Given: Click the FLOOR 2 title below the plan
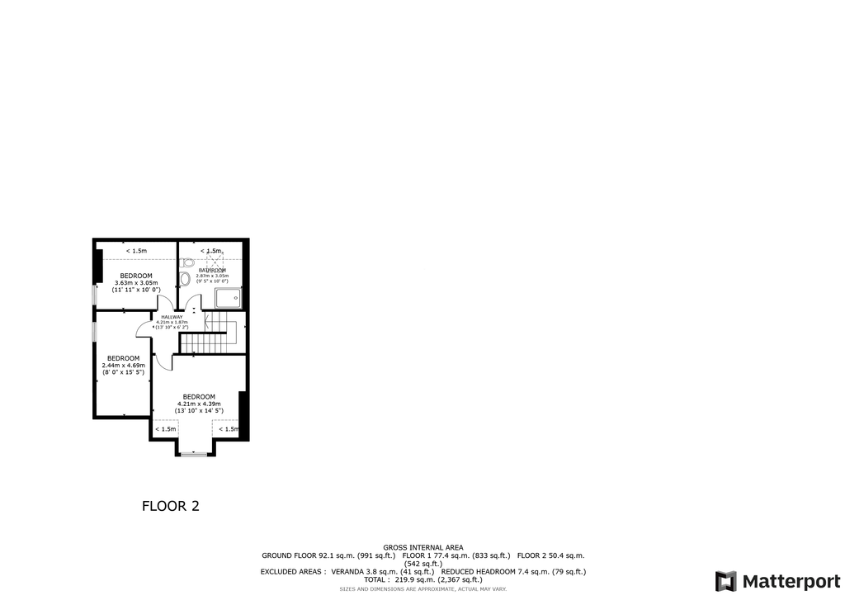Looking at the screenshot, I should (x=171, y=506).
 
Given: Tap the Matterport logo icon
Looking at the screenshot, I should (x=726, y=581).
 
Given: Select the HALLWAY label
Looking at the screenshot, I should (x=172, y=318).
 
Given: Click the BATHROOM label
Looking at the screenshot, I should (x=212, y=270).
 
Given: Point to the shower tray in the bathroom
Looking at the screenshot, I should (x=228, y=297).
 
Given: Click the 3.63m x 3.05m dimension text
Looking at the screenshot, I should (x=136, y=283).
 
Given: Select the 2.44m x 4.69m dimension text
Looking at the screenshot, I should (x=123, y=366).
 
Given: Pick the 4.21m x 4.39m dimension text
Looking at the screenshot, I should (x=199, y=404).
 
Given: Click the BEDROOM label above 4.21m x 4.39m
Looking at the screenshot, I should (x=199, y=396).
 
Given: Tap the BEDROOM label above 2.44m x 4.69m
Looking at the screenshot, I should (x=123, y=358).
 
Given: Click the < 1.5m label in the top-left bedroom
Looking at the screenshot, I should (x=136, y=251).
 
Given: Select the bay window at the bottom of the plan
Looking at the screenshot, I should (x=195, y=454).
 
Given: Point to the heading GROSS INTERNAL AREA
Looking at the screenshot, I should (x=422, y=547).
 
